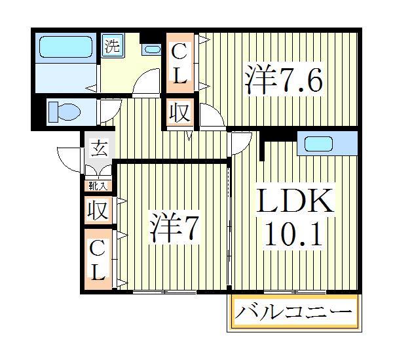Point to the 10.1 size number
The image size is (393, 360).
(294, 235)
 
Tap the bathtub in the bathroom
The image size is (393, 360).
(65, 47)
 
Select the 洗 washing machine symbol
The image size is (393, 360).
(113, 47)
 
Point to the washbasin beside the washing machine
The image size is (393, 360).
(152, 49)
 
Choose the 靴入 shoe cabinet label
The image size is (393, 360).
(98, 186)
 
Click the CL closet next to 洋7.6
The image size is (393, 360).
(179, 63)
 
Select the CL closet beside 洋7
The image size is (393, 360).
(98, 260)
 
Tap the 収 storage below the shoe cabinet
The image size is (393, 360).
(98, 211)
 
